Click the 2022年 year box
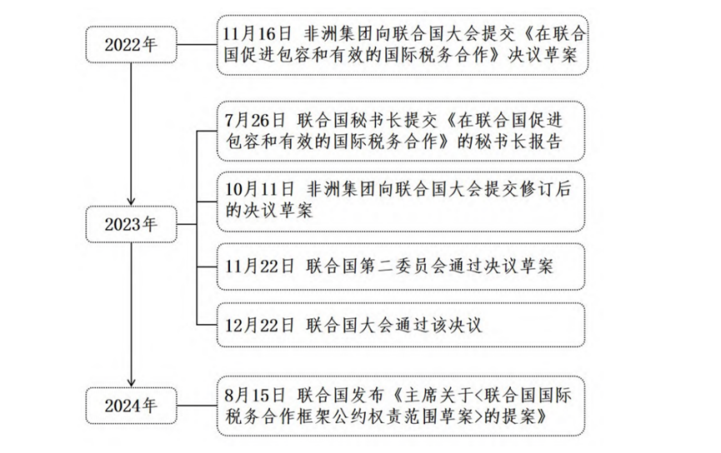pos(131,43)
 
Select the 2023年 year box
pos(131,224)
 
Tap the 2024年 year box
pos(131,406)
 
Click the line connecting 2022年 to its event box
pos(196,43)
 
